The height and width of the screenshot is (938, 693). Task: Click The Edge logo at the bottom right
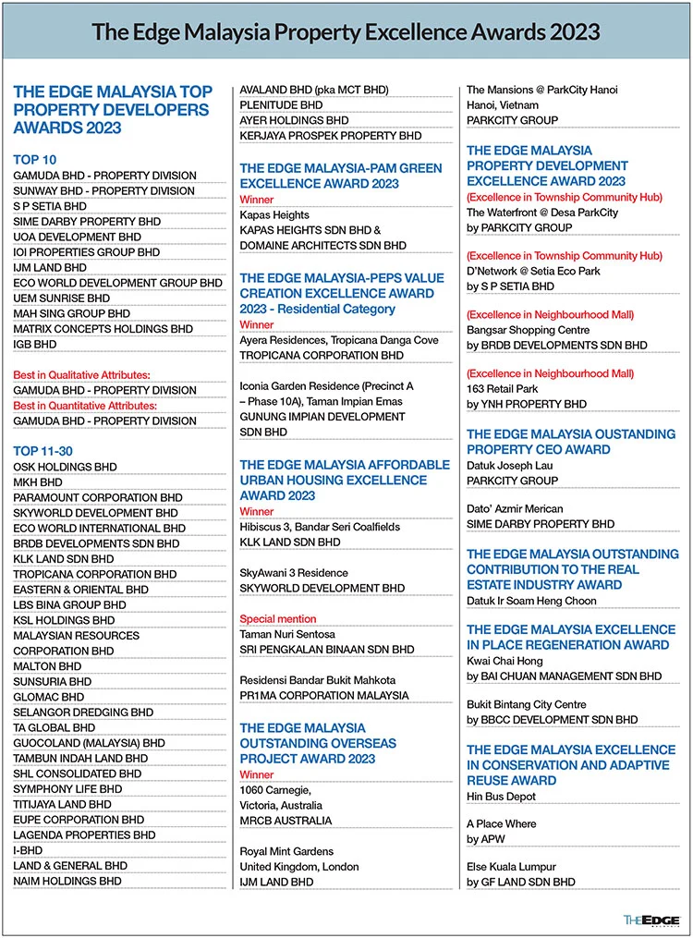650,920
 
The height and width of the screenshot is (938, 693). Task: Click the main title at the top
346,31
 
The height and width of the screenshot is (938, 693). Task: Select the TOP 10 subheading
34,159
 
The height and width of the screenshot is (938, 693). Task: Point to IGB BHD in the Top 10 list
35,344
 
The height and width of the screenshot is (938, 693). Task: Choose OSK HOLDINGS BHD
65,467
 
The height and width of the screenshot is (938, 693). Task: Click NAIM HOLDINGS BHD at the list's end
67,881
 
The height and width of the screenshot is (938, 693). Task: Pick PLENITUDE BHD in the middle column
282,105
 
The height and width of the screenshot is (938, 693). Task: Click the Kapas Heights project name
274,214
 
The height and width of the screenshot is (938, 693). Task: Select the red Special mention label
278,618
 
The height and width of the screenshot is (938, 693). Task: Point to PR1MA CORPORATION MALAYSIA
323,695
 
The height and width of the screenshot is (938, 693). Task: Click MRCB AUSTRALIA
286,820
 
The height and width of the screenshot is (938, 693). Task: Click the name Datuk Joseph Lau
512,465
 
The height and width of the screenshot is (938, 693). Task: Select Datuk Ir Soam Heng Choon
531,601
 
